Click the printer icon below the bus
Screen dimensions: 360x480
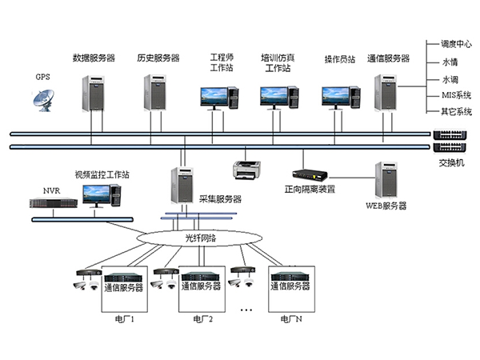click(245, 170)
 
